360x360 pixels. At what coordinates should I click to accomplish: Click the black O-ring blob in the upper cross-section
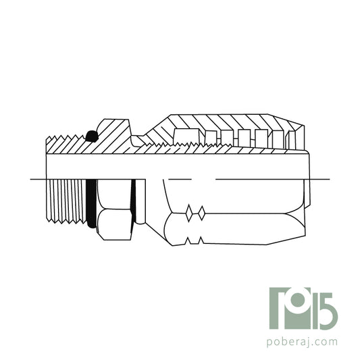[x=92, y=136]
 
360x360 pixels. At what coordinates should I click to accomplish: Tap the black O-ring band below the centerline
[x=91, y=204]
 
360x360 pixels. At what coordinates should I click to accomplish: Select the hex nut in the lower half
[x=114, y=209]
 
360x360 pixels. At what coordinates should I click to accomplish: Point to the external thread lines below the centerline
[x=66, y=201]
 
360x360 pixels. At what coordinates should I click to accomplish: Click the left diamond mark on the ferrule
[x=188, y=213]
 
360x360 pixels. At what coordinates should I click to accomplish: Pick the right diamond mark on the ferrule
[x=201, y=213]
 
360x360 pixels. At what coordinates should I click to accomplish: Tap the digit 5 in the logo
[x=329, y=311]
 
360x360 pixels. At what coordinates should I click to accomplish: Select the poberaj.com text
[x=302, y=342]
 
